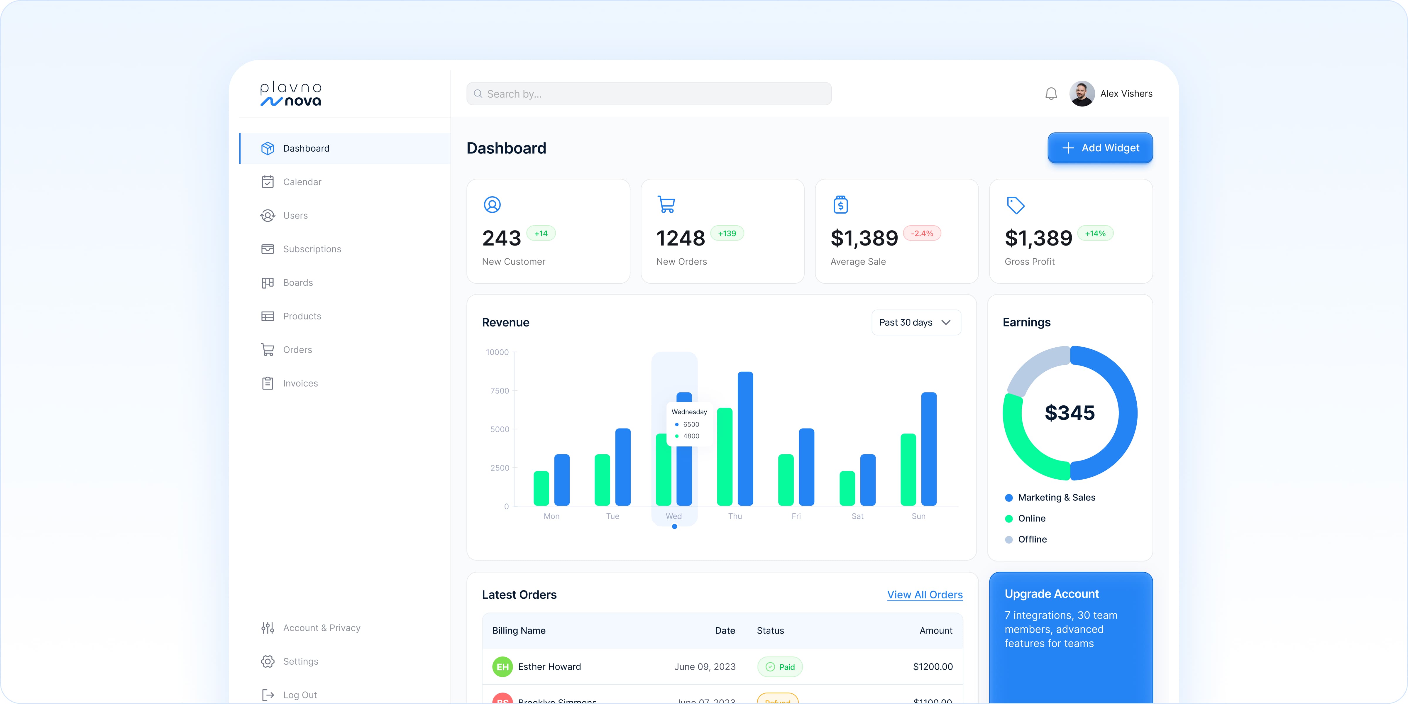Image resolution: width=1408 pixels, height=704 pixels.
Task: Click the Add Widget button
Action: (1100, 148)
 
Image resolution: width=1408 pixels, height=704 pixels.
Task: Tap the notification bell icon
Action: (1050, 94)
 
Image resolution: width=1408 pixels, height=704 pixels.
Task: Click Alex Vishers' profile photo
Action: (1082, 94)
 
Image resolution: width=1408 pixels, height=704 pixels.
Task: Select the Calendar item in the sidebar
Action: (302, 182)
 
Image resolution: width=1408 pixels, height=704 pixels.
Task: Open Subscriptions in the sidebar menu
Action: (312, 249)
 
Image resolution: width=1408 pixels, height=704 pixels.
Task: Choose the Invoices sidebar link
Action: (300, 383)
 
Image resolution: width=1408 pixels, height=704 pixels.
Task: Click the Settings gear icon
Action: (267, 661)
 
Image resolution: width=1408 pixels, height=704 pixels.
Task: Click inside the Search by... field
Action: (649, 94)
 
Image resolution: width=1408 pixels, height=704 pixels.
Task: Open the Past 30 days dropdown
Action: (915, 322)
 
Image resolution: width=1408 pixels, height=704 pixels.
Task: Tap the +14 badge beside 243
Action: (541, 233)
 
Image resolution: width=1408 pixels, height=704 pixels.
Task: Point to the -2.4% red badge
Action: (922, 233)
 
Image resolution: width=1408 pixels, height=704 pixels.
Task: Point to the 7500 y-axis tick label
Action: (500, 391)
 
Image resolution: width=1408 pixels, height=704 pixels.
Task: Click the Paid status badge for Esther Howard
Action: (780, 667)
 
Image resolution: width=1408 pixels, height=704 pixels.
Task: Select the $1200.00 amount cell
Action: (933, 667)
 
